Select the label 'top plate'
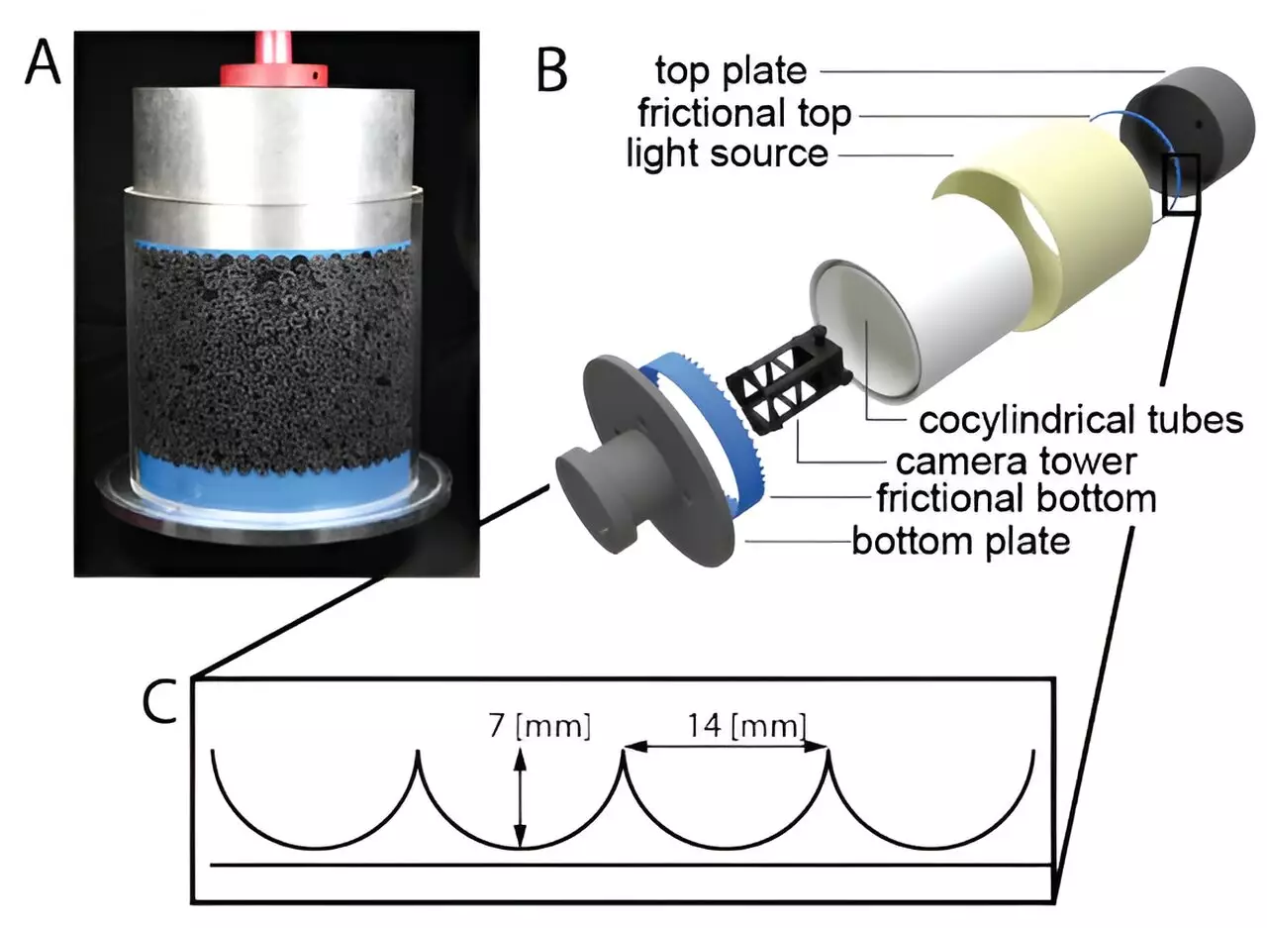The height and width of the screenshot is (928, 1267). [731, 69]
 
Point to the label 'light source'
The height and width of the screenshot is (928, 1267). [728, 154]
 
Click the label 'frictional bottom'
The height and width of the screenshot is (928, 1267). [1016, 498]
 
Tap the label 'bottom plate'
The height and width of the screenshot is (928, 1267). [960, 541]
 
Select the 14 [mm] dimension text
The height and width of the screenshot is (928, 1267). [741, 726]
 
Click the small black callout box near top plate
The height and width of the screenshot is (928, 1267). [1183, 183]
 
